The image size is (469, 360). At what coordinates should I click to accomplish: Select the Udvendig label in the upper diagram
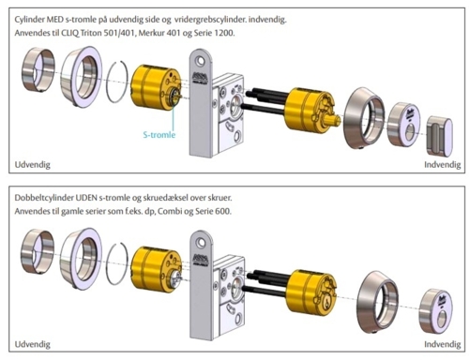(32, 165)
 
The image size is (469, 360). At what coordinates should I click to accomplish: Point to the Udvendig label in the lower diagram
(32, 345)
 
